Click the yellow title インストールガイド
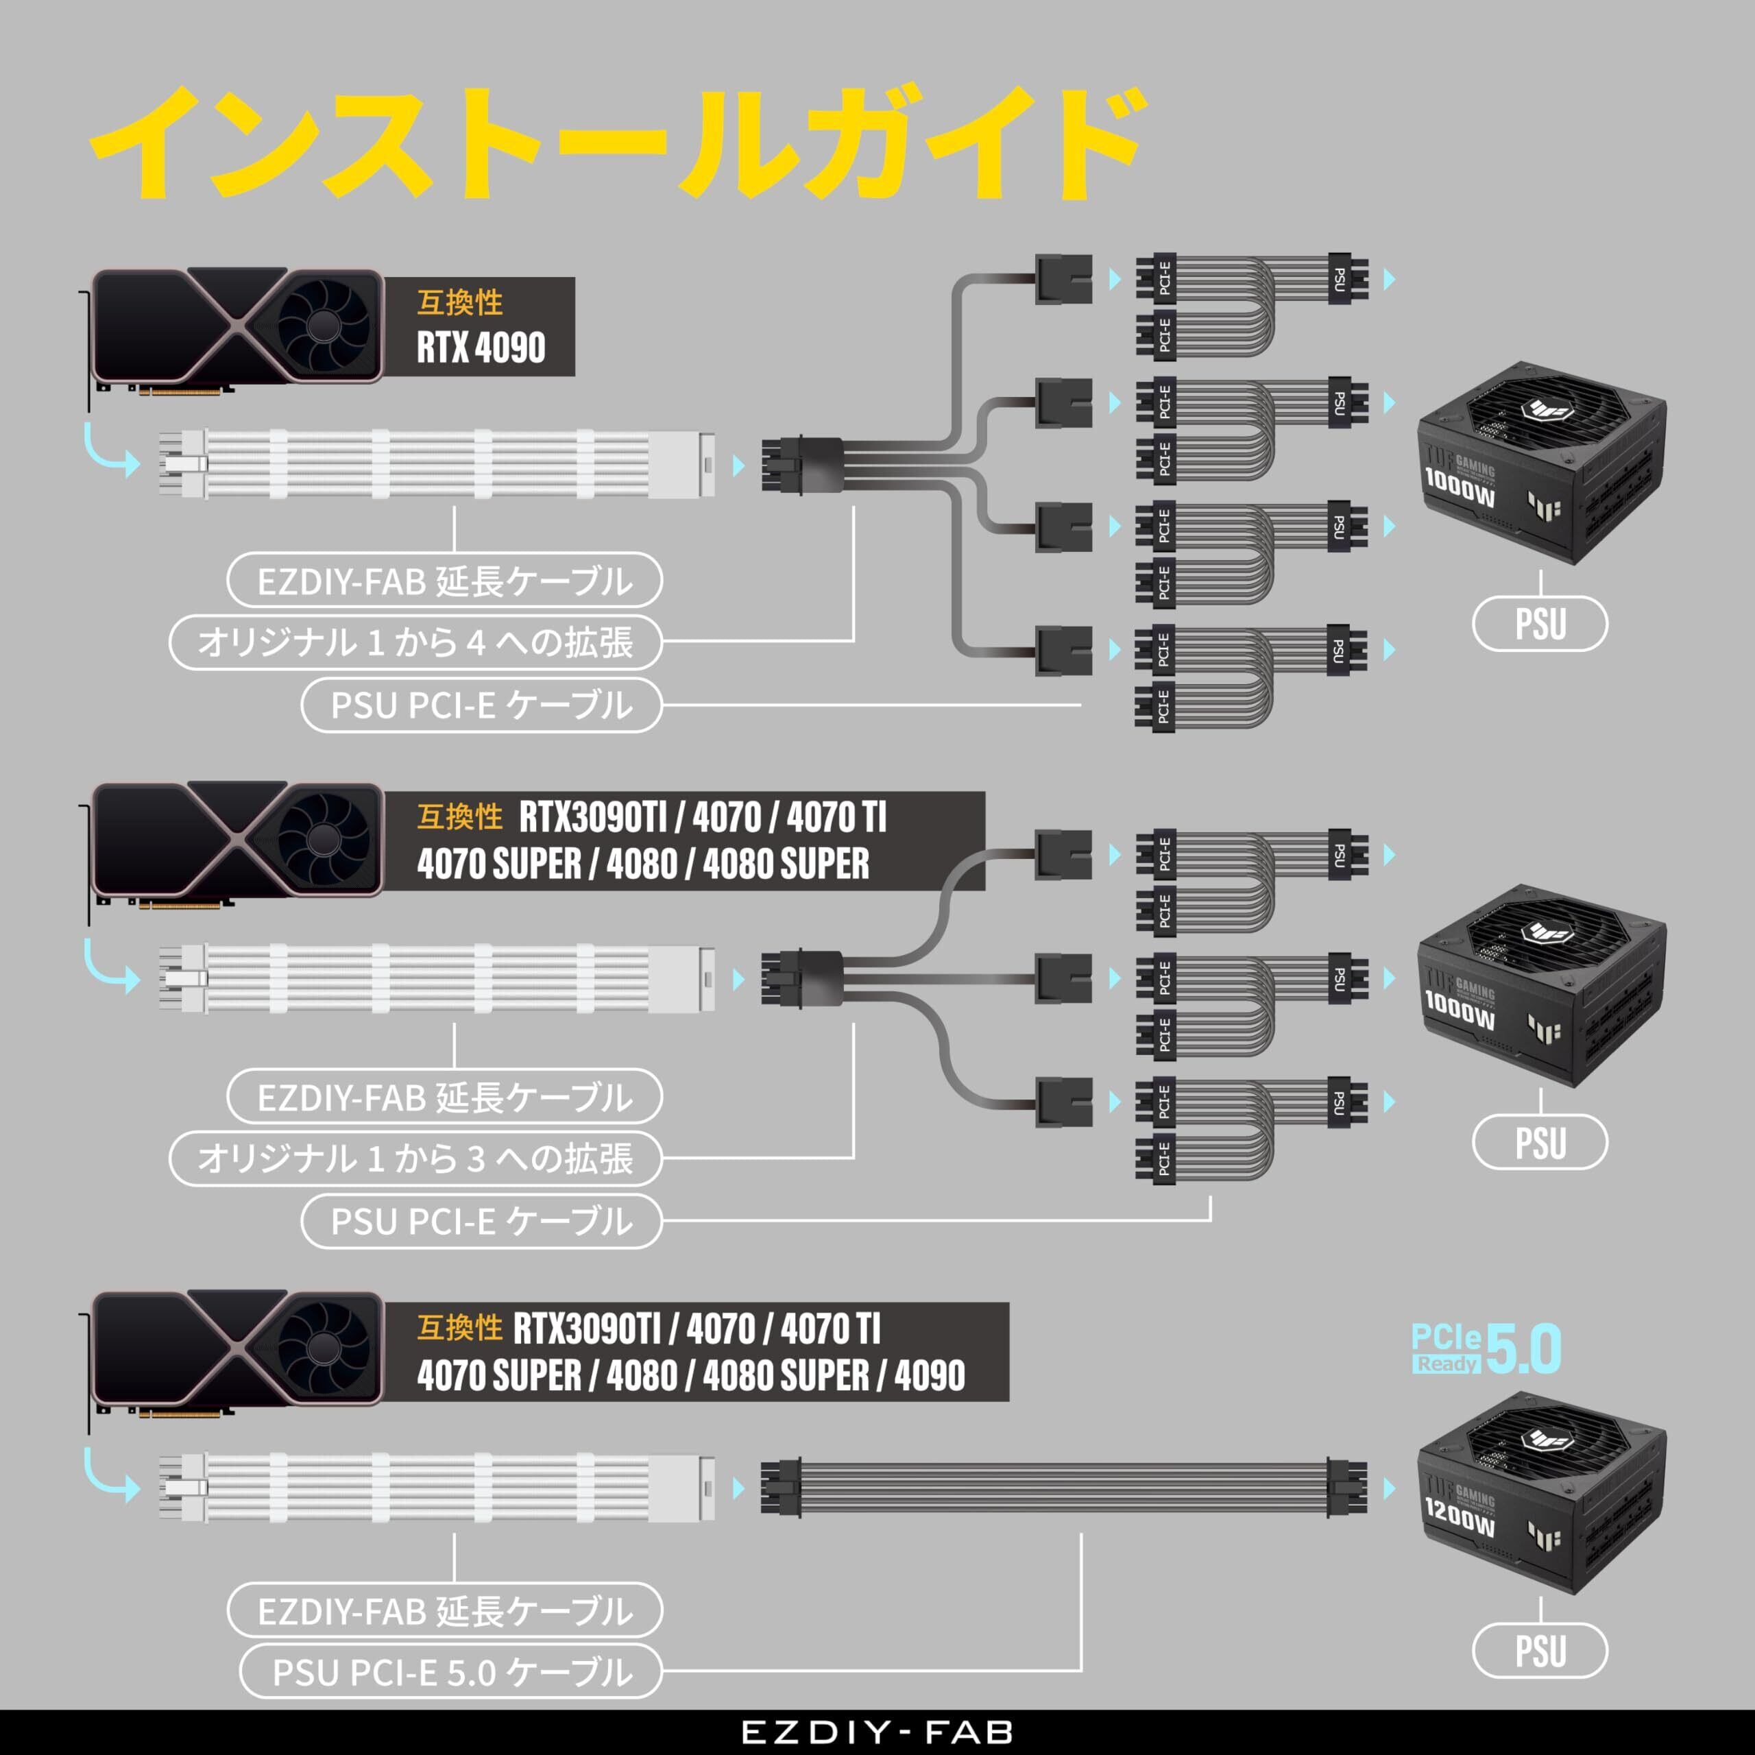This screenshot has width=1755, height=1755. click(617, 143)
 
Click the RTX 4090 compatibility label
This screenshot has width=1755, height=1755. click(481, 327)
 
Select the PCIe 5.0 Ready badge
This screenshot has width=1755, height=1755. click(1487, 1350)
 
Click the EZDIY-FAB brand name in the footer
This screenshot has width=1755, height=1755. click(877, 1732)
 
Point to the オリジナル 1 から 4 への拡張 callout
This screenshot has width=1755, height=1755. click(415, 642)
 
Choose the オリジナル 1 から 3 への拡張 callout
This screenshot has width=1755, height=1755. click(415, 1158)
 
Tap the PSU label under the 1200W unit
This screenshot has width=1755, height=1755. click(1540, 1651)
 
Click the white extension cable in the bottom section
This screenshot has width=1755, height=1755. click(436, 1488)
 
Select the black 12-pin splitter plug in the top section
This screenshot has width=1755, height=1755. click(801, 465)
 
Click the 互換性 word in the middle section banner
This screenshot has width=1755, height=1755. click(459, 816)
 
